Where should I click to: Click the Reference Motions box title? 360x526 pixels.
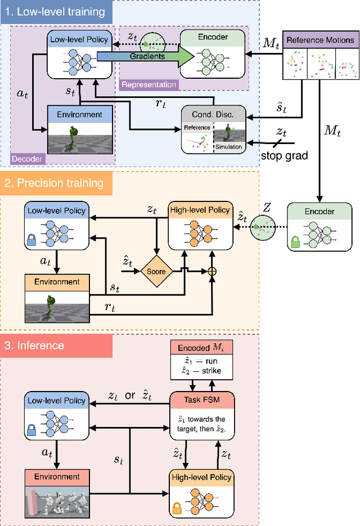321,40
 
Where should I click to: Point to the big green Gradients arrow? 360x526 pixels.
146,56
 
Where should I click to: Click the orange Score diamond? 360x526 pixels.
156,271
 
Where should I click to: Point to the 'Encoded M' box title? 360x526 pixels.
202,348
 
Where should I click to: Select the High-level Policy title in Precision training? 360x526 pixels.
199,210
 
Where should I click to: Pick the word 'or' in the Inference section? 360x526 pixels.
130,396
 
